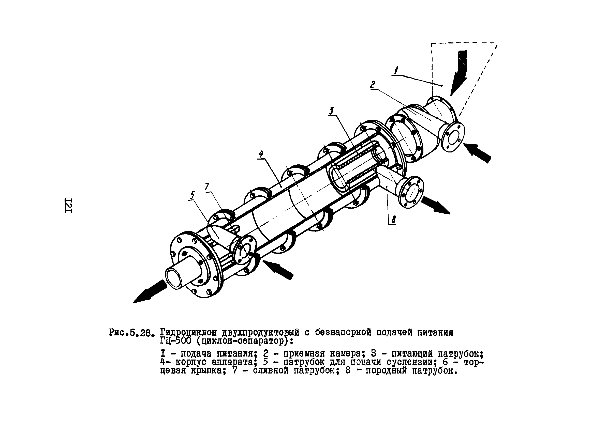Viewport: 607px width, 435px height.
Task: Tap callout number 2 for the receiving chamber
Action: click(373, 85)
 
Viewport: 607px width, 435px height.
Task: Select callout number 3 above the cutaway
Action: click(331, 111)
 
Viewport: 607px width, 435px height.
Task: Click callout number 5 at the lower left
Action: click(192, 196)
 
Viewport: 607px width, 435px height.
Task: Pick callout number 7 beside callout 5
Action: click(207, 187)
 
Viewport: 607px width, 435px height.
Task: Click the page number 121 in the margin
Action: click(68, 206)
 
